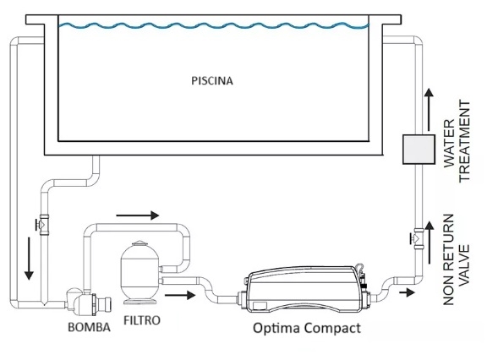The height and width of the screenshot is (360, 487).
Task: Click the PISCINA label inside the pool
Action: coord(212,80)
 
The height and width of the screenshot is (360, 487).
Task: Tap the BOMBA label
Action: coord(89,327)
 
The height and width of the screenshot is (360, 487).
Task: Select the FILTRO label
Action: coord(142,320)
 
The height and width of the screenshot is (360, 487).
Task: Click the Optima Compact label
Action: coord(307,329)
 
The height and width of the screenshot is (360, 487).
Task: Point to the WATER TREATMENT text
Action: coord(457,141)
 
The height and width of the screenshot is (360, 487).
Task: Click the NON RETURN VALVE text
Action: coord(457,259)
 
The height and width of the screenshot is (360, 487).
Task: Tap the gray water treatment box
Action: coord(419,150)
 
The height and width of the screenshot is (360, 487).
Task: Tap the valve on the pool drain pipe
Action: coord(43,224)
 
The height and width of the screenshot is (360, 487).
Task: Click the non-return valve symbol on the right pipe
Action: coord(417,238)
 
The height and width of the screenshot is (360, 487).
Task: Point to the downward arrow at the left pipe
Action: coord(29,259)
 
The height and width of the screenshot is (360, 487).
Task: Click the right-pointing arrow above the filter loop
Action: coord(138,215)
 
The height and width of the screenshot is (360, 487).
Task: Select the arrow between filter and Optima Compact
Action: coord(180,295)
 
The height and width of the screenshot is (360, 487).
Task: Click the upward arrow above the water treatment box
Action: coord(430,109)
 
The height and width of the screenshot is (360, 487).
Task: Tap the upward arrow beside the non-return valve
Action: coord(430,243)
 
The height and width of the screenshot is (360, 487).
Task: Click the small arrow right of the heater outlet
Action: coord(408,292)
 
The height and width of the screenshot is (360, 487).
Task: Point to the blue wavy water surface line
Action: coord(214,25)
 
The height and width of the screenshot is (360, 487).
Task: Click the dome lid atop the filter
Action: coord(140,243)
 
